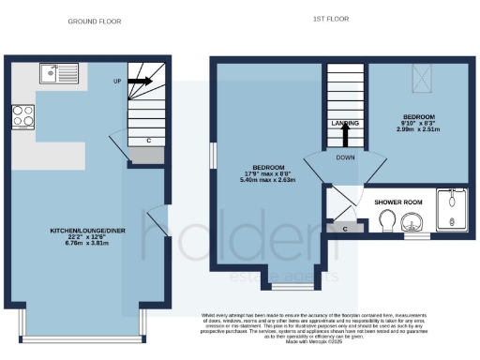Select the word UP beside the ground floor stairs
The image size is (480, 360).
point(117,82)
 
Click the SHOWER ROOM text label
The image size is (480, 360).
point(398,202)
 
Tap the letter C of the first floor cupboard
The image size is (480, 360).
point(347,228)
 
